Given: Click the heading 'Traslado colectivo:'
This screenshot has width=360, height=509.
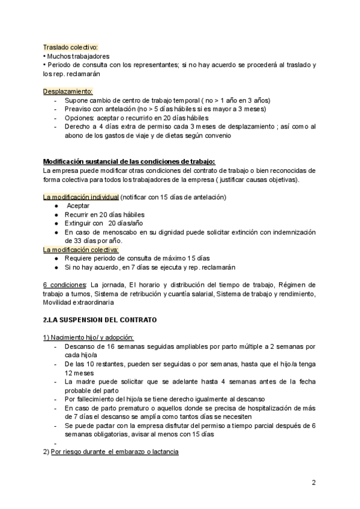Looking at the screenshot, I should coord(71,47).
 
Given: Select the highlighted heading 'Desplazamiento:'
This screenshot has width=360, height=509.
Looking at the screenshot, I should coord(68,91).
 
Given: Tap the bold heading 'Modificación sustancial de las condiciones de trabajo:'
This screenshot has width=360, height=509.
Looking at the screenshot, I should coord(128,161).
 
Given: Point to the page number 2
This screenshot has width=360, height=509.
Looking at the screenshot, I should coord(314,483).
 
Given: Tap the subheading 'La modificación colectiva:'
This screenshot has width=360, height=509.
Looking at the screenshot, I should coord(81,249).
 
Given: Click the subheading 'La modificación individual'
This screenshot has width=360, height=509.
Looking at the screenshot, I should coord(80,197).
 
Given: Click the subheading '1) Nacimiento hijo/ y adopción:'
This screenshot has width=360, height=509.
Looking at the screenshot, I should coord(88,337).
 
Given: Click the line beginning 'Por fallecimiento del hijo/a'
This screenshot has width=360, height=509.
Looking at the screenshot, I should coord(156,399).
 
